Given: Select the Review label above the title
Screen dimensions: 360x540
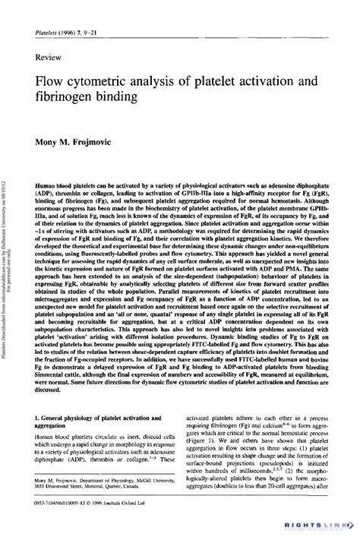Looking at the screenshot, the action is pyautogui.click(x=49, y=57).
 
